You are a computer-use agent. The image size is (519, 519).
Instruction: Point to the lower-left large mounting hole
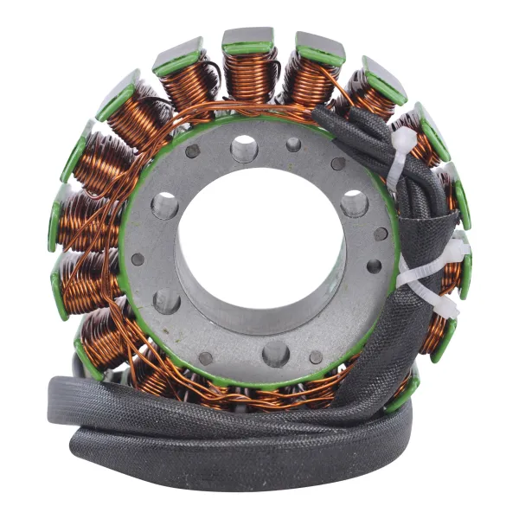tap(167, 301)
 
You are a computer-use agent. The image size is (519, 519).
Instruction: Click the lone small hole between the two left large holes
tap(138, 259)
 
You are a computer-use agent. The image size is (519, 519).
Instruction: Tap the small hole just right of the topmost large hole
tap(293, 144)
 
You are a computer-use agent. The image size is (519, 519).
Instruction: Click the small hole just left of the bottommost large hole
tap(206, 357)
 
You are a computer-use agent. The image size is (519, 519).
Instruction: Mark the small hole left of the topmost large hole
tap(192, 151)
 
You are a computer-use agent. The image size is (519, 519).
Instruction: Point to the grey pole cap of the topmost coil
tap(248, 36)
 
